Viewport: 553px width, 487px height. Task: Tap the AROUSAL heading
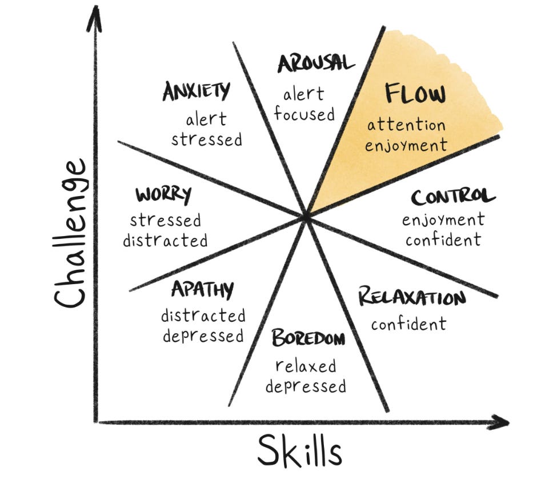tap(316, 63)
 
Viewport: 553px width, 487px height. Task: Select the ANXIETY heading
tap(197, 91)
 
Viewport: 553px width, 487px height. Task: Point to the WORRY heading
tap(163, 194)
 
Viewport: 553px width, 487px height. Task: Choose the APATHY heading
tap(202, 290)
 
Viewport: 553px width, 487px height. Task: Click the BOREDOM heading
tap(308, 338)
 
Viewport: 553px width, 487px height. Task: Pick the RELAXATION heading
tap(411, 298)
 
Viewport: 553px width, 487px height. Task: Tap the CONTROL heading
tap(452, 197)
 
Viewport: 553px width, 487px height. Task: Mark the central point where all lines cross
tap(306, 216)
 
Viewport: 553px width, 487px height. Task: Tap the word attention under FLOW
tap(406, 124)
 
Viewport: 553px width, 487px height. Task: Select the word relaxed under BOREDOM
tap(306, 366)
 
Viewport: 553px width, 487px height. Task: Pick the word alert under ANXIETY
tap(206, 119)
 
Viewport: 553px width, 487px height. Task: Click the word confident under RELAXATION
tap(408, 324)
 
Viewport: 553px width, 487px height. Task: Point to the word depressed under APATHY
tap(203, 336)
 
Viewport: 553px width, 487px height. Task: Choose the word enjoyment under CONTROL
tap(443, 219)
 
